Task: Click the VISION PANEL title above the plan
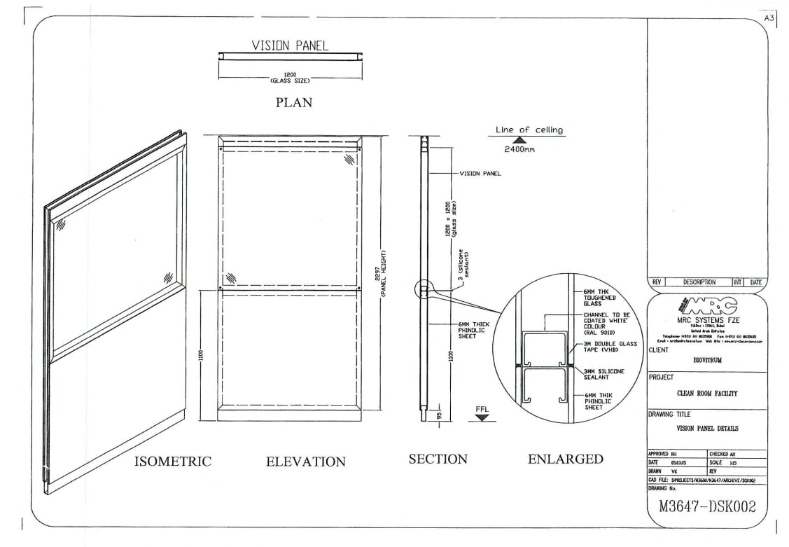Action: point(290,46)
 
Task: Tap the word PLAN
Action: point(293,102)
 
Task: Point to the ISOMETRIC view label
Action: point(173,461)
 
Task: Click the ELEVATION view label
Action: point(305,462)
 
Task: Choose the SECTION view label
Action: point(438,459)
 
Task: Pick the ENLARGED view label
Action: point(565,459)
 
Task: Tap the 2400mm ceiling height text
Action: point(520,150)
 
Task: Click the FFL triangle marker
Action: point(482,417)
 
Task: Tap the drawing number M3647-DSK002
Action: point(707,507)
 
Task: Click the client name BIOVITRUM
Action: point(707,361)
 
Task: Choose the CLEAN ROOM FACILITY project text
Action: point(707,394)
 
